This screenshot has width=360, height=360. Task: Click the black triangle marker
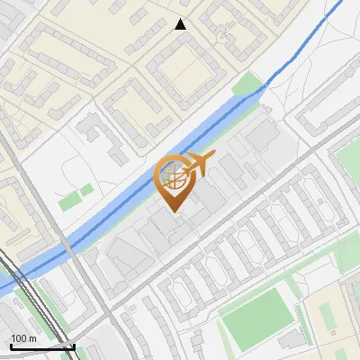tap(181, 24)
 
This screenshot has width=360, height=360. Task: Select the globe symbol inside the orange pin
tap(174, 176)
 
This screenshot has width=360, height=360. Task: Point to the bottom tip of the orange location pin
tap(174, 211)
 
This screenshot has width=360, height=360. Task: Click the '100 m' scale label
tap(23, 338)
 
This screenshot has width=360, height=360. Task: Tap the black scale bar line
tap(40, 346)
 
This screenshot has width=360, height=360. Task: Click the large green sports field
tap(257, 315)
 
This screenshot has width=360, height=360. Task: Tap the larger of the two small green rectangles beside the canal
tap(69, 202)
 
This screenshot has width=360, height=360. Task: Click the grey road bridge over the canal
tap(67, 247)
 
